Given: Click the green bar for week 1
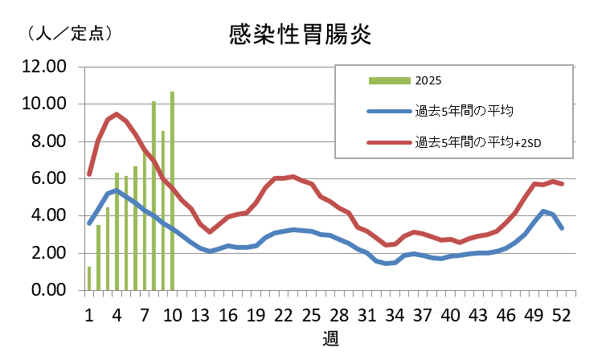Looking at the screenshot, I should [89, 279].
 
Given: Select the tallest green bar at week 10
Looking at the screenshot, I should [172, 191].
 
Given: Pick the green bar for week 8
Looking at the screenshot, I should [154, 196].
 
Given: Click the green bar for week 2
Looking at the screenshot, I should [98, 258].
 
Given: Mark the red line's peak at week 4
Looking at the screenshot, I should [117, 114].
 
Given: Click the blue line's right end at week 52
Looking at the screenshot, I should [562, 228].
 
